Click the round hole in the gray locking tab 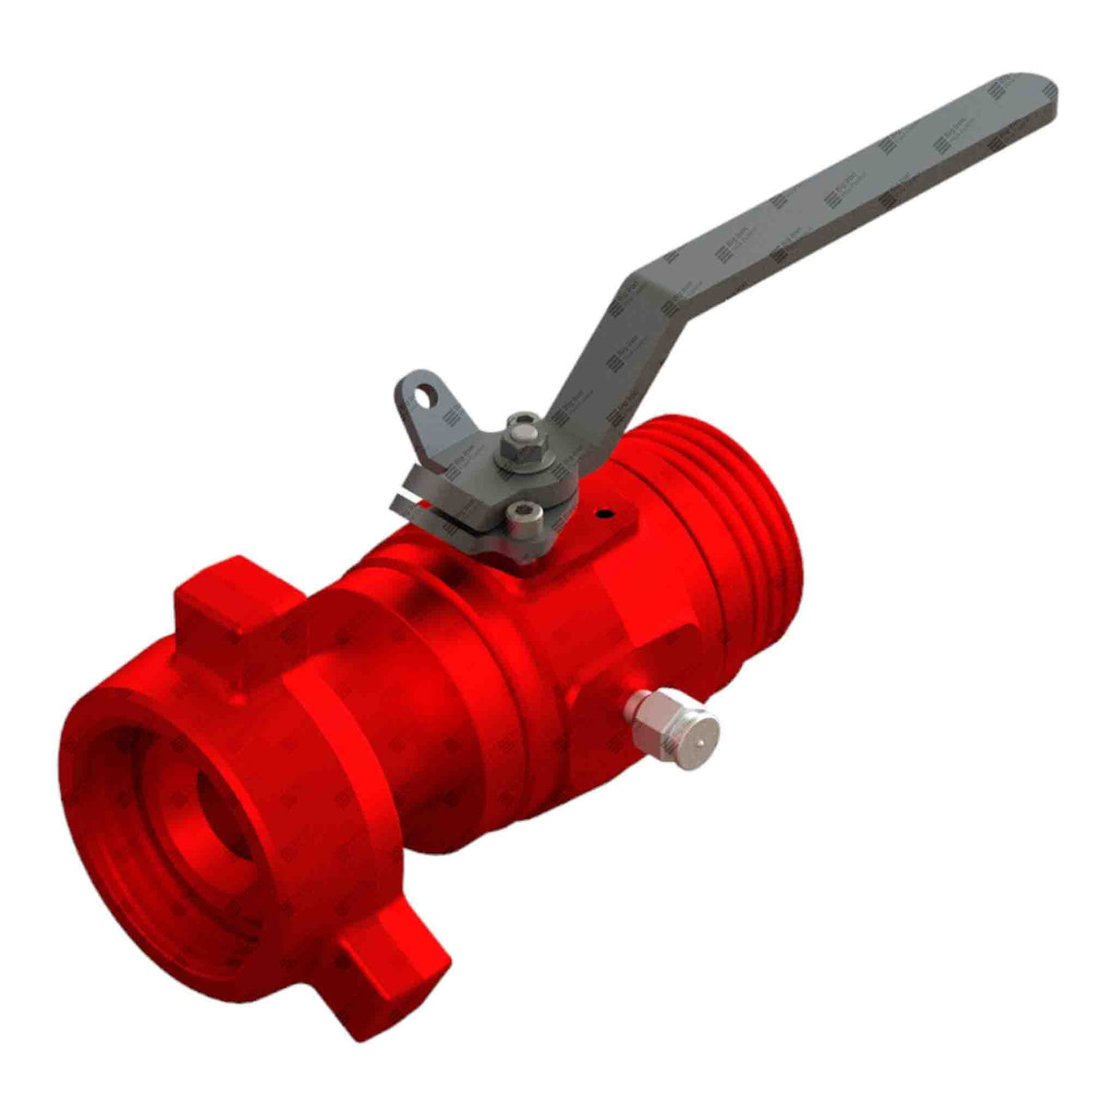(x=423, y=395)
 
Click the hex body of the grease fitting (x=648, y=714)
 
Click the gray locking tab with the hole (x=432, y=414)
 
